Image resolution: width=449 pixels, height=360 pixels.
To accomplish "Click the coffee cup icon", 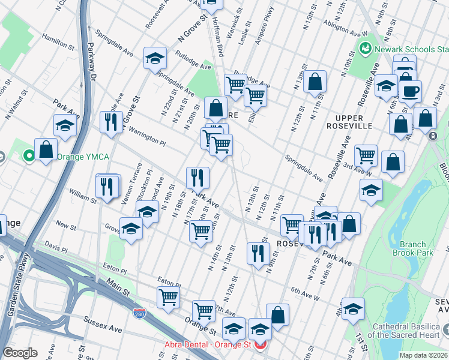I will click(x=411, y=91).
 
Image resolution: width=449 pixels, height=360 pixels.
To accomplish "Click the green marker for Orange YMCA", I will click(x=28, y=157).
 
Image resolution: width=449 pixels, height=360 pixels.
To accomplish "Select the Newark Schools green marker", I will click(x=364, y=47).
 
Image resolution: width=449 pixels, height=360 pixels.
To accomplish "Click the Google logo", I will click(x=20, y=352).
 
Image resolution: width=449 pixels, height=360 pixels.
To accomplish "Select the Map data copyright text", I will click(x=423, y=355).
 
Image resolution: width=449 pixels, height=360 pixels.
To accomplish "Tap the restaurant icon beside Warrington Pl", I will click(x=111, y=122).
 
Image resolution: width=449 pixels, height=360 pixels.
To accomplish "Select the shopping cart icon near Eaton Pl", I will click(x=169, y=296).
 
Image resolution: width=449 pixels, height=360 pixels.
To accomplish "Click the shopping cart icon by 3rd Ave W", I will click(x=365, y=155).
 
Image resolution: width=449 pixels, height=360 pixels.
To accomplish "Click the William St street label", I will click(x=82, y=194).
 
